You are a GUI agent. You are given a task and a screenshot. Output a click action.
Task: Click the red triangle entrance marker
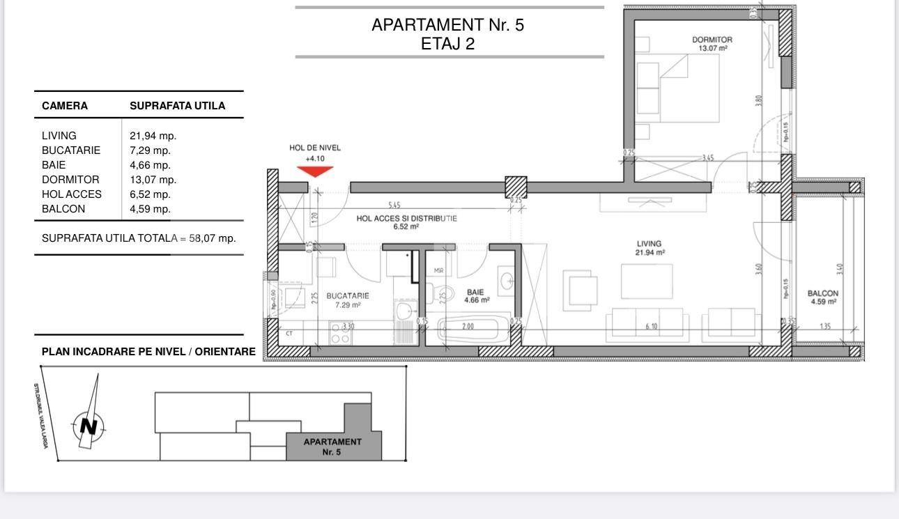315,171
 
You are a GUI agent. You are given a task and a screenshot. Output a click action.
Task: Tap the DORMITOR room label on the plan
712,44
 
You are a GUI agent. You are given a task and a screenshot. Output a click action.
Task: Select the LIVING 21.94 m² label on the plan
649,248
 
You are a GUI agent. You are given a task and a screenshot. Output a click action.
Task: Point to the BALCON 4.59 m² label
823,297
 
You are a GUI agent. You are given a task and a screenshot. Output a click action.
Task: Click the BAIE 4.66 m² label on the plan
477,296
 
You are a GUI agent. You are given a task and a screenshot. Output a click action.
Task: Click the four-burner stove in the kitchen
340,333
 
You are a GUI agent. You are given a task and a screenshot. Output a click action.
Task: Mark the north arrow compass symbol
89,424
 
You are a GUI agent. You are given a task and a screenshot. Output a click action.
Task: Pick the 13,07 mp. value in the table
153,180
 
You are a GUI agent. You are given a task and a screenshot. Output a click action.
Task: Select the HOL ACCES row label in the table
71,194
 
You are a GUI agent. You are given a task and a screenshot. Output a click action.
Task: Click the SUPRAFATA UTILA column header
177,106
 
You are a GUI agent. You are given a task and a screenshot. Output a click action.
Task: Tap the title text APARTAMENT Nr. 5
447,26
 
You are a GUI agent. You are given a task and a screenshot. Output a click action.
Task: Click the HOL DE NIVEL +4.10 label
315,153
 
